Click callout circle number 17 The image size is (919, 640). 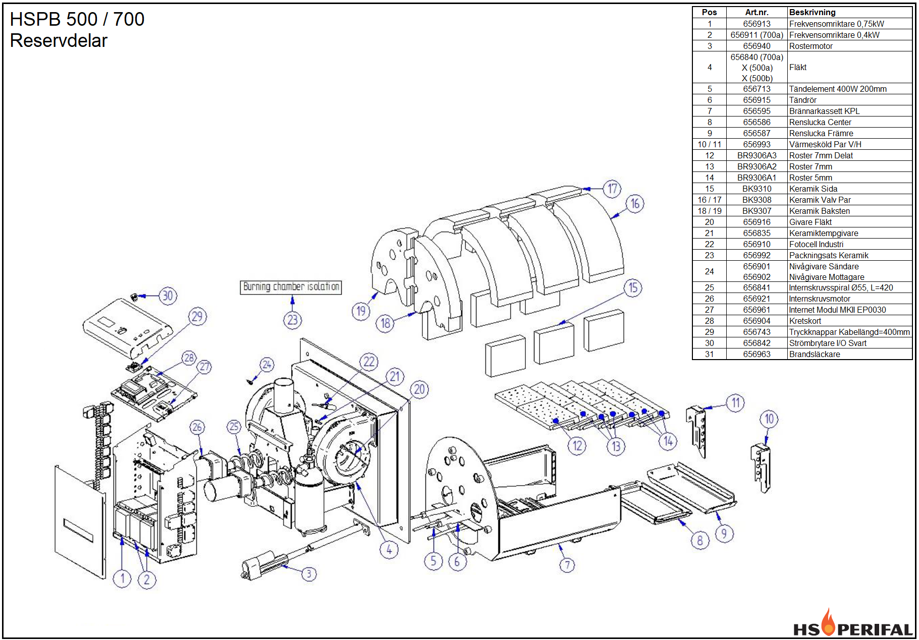[x=612, y=189]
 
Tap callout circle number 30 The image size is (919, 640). [x=168, y=296]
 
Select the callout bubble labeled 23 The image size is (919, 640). [x=292, y=320]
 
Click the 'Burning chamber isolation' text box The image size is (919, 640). [x=291, y=287]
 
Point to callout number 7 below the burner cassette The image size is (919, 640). [x=567, y=565]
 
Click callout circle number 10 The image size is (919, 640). [x=769, y=419]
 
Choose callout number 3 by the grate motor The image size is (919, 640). [x=309, y=574]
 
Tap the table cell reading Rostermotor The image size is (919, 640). [x=810, y=46]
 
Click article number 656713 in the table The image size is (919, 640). [x=756, y=89]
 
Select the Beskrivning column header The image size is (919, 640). [x=812, y=12]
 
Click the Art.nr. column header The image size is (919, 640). [x=756, y=12]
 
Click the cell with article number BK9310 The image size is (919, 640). [x=756, y=189]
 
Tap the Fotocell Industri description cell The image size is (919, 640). [x=816, y=244]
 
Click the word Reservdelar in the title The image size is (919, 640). [x=59, y=41]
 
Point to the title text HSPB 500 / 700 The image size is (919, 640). [x=77, y=19]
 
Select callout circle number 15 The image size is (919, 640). [x=633, y=288]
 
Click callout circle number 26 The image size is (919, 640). [x=197, y=427]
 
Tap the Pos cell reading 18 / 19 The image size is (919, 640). [x=709, y=211]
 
